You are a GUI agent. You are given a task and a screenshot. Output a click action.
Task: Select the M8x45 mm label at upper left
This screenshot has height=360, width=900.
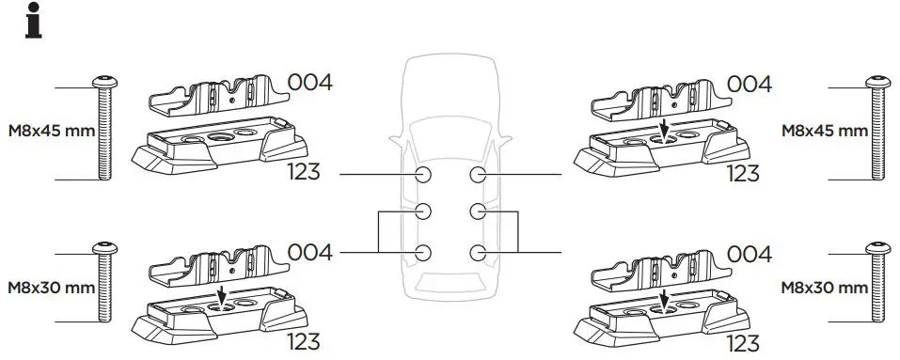pos(51,131)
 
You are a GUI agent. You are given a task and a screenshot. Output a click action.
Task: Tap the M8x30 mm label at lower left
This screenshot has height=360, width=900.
pos(51,287)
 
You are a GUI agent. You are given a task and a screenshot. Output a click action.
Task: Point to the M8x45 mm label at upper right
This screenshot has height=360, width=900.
pos(824,131)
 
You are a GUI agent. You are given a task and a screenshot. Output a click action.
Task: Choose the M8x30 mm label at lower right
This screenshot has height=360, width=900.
pos(824,287)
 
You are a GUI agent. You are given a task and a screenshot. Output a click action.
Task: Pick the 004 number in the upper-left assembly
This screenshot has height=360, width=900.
pos(309,83)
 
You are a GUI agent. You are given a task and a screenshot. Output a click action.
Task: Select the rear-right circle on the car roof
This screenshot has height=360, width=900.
pos(478,252)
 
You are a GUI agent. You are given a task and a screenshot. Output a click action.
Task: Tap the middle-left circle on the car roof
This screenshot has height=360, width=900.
pos(423,210)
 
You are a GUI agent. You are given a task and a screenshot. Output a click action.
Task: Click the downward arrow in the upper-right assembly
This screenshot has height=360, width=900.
pos(664,130)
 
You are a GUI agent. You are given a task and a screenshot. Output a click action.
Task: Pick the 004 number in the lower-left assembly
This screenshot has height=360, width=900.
pos(309,252)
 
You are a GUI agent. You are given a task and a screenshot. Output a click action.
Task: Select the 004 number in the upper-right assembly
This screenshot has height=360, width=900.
pos(750,83)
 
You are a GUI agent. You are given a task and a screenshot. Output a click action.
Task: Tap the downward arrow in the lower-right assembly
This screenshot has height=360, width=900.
pos(664,299)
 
